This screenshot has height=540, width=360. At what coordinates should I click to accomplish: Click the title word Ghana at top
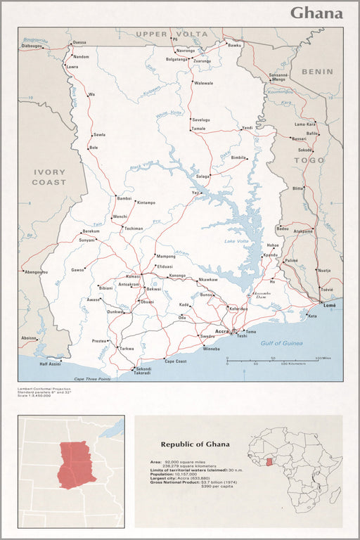316,13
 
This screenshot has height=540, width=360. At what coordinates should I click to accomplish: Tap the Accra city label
222,330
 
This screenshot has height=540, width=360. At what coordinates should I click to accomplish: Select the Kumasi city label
133,276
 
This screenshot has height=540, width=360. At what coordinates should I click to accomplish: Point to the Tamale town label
198,129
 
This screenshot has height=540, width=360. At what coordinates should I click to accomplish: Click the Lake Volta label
236,242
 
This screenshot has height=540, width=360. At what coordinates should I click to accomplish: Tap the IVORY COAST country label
49,177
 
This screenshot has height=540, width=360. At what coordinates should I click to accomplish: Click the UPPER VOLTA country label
172,34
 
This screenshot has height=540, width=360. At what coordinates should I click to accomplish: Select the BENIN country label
317,72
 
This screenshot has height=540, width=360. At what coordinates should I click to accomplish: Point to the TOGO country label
309,160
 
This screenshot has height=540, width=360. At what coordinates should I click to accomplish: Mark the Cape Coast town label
175,361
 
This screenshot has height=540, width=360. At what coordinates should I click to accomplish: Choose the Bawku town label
234,45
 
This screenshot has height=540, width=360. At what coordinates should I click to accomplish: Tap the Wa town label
91,94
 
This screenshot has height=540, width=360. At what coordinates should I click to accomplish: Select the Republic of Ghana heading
195,444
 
